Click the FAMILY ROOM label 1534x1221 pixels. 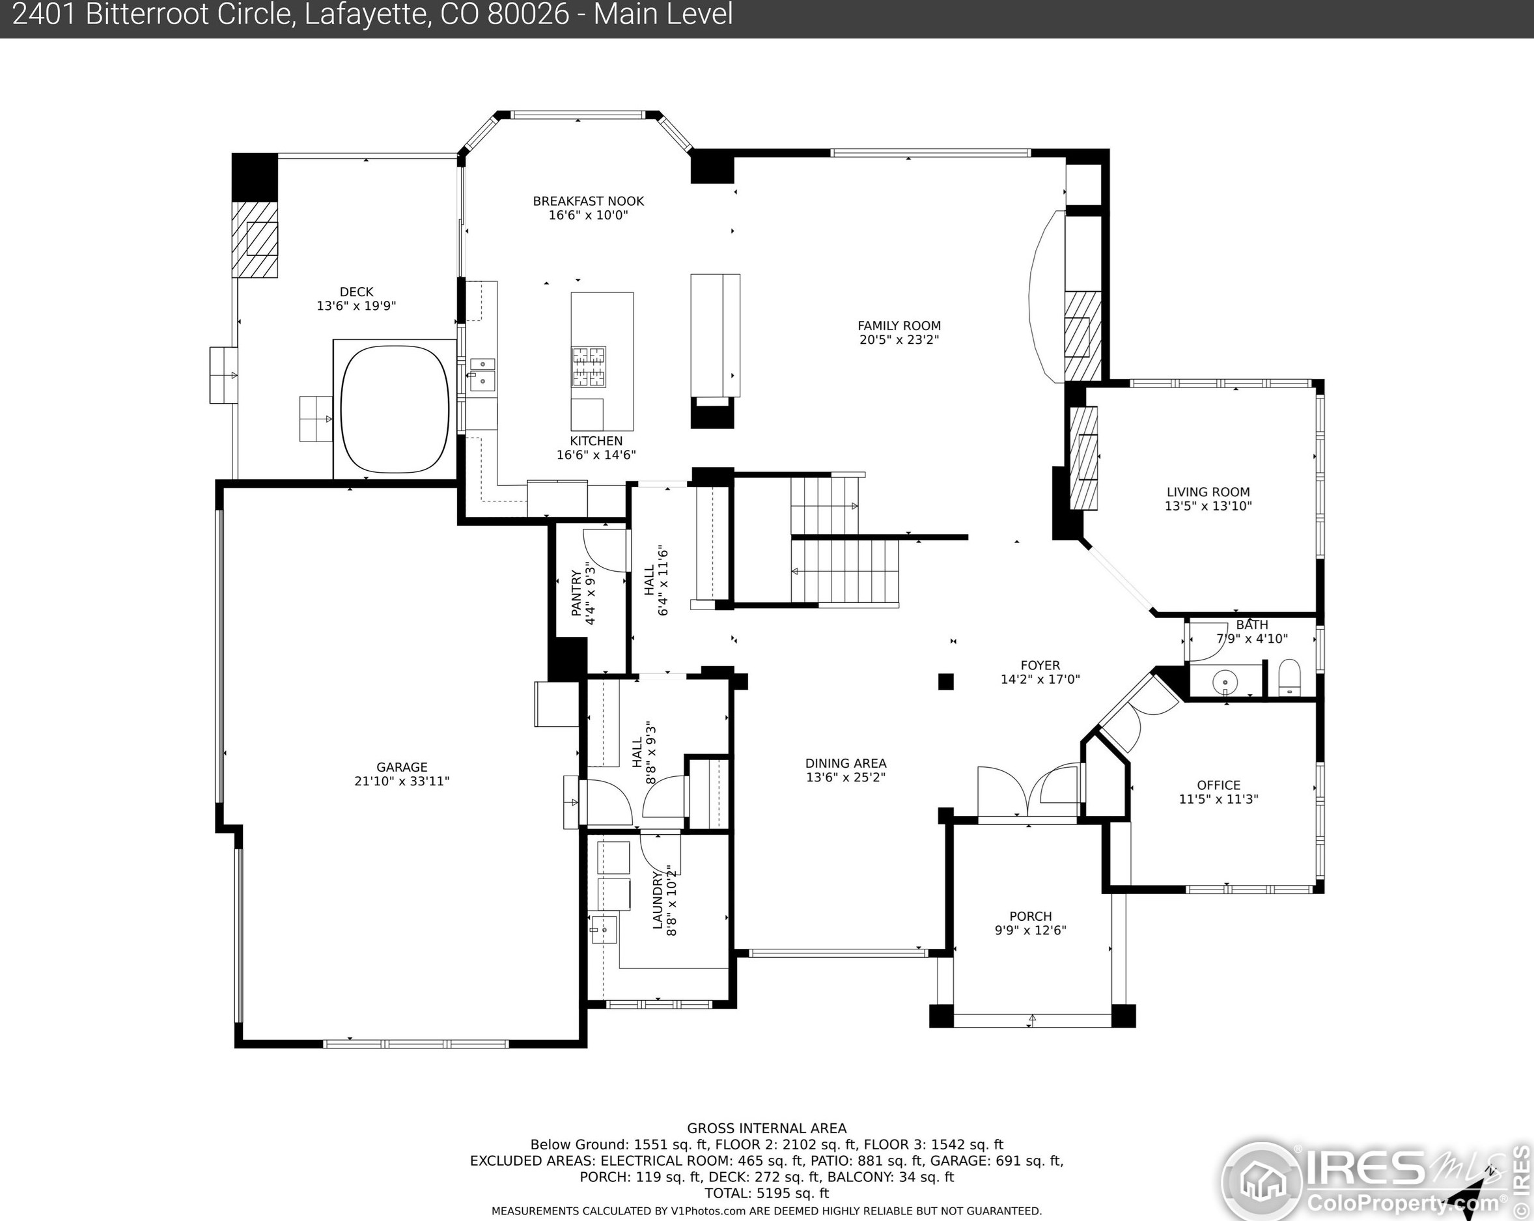pyautogui.click(x=899, y=326)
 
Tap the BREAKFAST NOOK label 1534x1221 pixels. pyautogui.click(x=589, y=201)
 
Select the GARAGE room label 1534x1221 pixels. pyautogui.click(x=402, y=767)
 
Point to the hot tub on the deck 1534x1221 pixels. pyautogui.click(x=394, y=409)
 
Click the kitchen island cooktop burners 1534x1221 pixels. pyautogui.click(x=589, y=367)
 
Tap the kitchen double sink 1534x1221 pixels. pyautogui.click(x=482, y=374)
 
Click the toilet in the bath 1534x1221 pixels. pyautogui.click(x=1289, y=677)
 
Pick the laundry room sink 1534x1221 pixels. pyautogui.click(x=604, y=929)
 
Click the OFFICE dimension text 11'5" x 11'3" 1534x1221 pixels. pyautogui.click(x=1218, y=799)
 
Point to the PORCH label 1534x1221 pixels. pyautogui.click(x=1030, y=916)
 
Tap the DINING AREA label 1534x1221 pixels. pyautogui.click(x=846, y=763)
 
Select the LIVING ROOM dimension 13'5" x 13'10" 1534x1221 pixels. pyautogui.click(x=1208, y=506)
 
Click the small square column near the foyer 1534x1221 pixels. pyautogui.click(x=945, y=682)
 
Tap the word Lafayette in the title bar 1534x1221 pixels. pyautogui.click(x=367, y=14)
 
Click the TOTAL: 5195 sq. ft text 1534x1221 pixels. pyautogui.click(x=767, y=1193)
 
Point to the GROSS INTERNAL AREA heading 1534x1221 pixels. pyautogui.click(x=767, y=1128)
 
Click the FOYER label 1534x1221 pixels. pyautogui.click(x=1040, y=666)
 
